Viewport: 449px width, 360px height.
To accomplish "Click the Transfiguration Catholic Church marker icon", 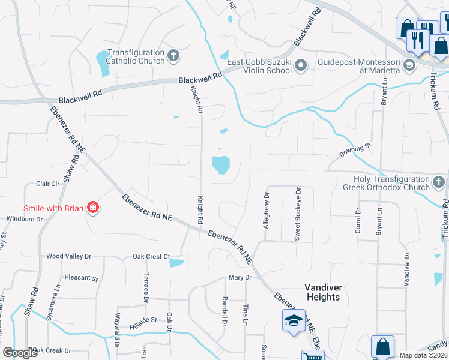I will [x=173, y=56].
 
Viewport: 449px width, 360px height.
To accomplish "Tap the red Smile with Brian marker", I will [x=92, y=208].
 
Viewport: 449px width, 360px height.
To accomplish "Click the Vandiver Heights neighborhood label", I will [x=323, y=292].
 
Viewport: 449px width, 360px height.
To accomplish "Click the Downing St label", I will [x=352, y=151].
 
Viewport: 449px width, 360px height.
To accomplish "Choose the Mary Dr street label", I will [x=238, y=278].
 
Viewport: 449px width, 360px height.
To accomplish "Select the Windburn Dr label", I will [x=25, y=219].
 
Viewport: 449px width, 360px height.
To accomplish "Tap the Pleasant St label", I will [x=81, y=278].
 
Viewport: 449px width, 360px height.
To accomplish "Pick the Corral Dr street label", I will [x=358, y=220].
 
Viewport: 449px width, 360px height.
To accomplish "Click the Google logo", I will [x=20, y=353].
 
